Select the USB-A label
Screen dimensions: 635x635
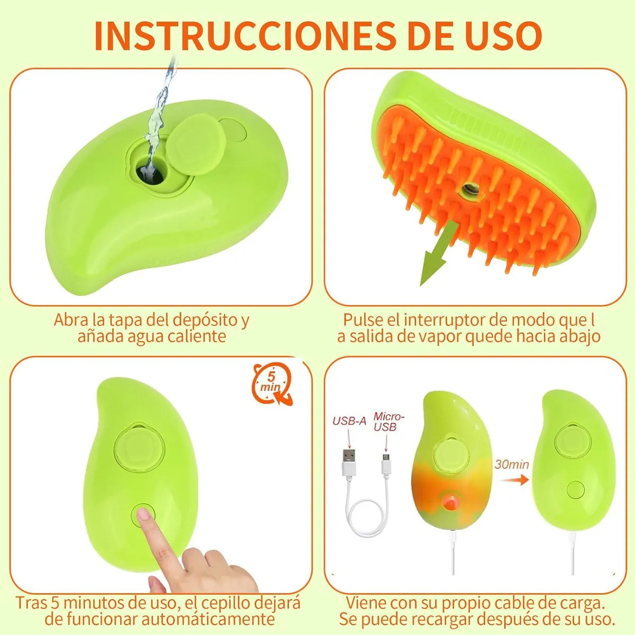point(349,421)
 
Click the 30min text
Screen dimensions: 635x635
point(512,465)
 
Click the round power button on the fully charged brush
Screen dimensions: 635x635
point(575,489)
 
